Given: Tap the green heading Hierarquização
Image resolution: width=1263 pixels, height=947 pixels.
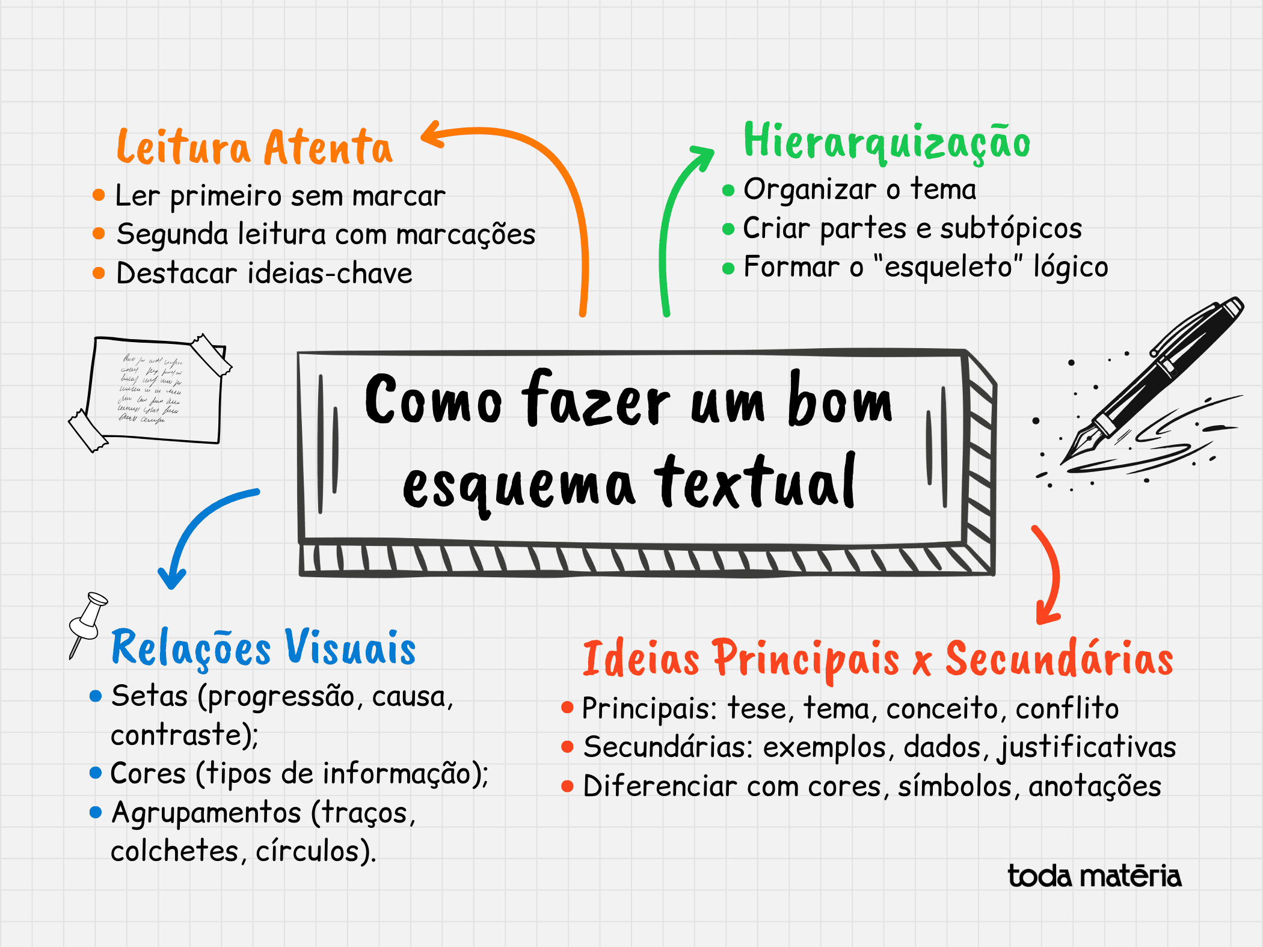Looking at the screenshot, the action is pyautogui.click(x=887, y=142).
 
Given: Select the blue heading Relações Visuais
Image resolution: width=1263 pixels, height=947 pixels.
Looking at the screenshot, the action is pyautogui.click(x=263, y=648).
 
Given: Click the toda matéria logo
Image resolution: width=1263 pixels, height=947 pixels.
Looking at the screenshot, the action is pyautogui.click(x=1095, y=876).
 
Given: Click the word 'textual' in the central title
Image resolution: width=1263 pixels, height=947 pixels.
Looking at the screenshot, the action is pyautogui.click(x=755, y=481).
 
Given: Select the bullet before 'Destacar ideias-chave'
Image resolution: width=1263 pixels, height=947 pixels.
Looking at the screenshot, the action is pyautogui.click(x=99, y=273).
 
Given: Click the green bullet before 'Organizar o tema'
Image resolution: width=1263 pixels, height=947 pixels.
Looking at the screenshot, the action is pyautogui.click(x=728, y=191).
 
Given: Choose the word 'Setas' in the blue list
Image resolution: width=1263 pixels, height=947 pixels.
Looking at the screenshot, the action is pyautogui.click(x=149, y=696).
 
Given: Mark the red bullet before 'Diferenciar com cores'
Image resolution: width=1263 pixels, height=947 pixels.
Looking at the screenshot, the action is pyautogui.click(x=567, y=786).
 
